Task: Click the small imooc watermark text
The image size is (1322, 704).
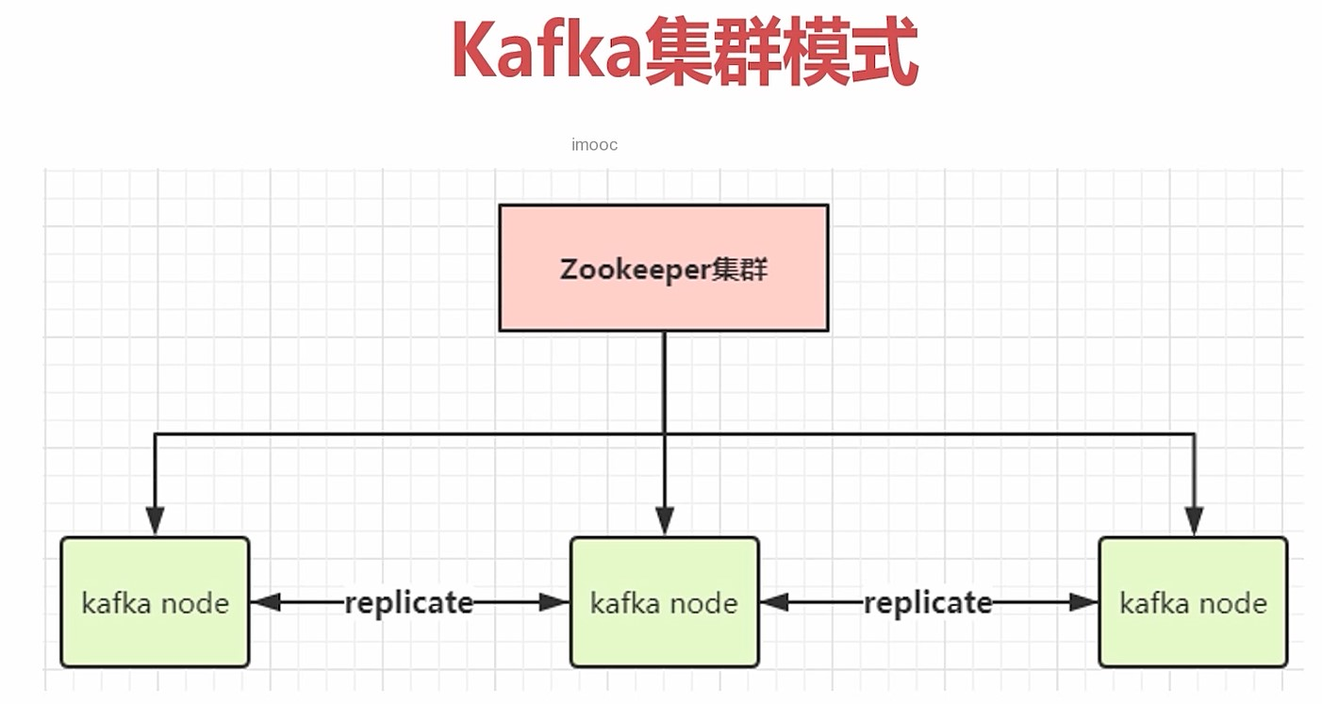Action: (x=594, y=144)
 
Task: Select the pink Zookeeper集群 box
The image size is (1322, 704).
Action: (x=663, y=269)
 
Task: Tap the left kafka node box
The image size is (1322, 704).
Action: (x=155, y=602)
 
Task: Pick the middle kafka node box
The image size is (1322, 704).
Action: (x=664, y=602)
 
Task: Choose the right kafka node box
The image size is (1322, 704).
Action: (x=1193, y=602)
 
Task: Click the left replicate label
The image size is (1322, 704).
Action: (x=408, y=602)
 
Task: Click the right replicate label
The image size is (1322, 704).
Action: (x=928, y=602)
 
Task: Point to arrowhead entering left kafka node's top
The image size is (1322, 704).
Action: (x=155, y=521)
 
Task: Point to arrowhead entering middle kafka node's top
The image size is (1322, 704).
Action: (x=664, y=521)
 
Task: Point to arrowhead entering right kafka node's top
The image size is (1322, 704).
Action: (x=1194, y=521)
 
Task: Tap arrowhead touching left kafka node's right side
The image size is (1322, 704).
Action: (x=265, y=602)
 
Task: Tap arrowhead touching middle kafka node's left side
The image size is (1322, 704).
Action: (x=555, y=602)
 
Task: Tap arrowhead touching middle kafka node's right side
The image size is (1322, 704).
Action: (x=774, y=602)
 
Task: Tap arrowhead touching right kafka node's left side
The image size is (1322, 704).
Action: (x=1084, y=602)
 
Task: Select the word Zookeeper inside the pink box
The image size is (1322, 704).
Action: (x=634, y=270)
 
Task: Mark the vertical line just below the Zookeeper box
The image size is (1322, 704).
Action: (x=664, y=377)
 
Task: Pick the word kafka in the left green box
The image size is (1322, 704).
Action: (x=113, y=603)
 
